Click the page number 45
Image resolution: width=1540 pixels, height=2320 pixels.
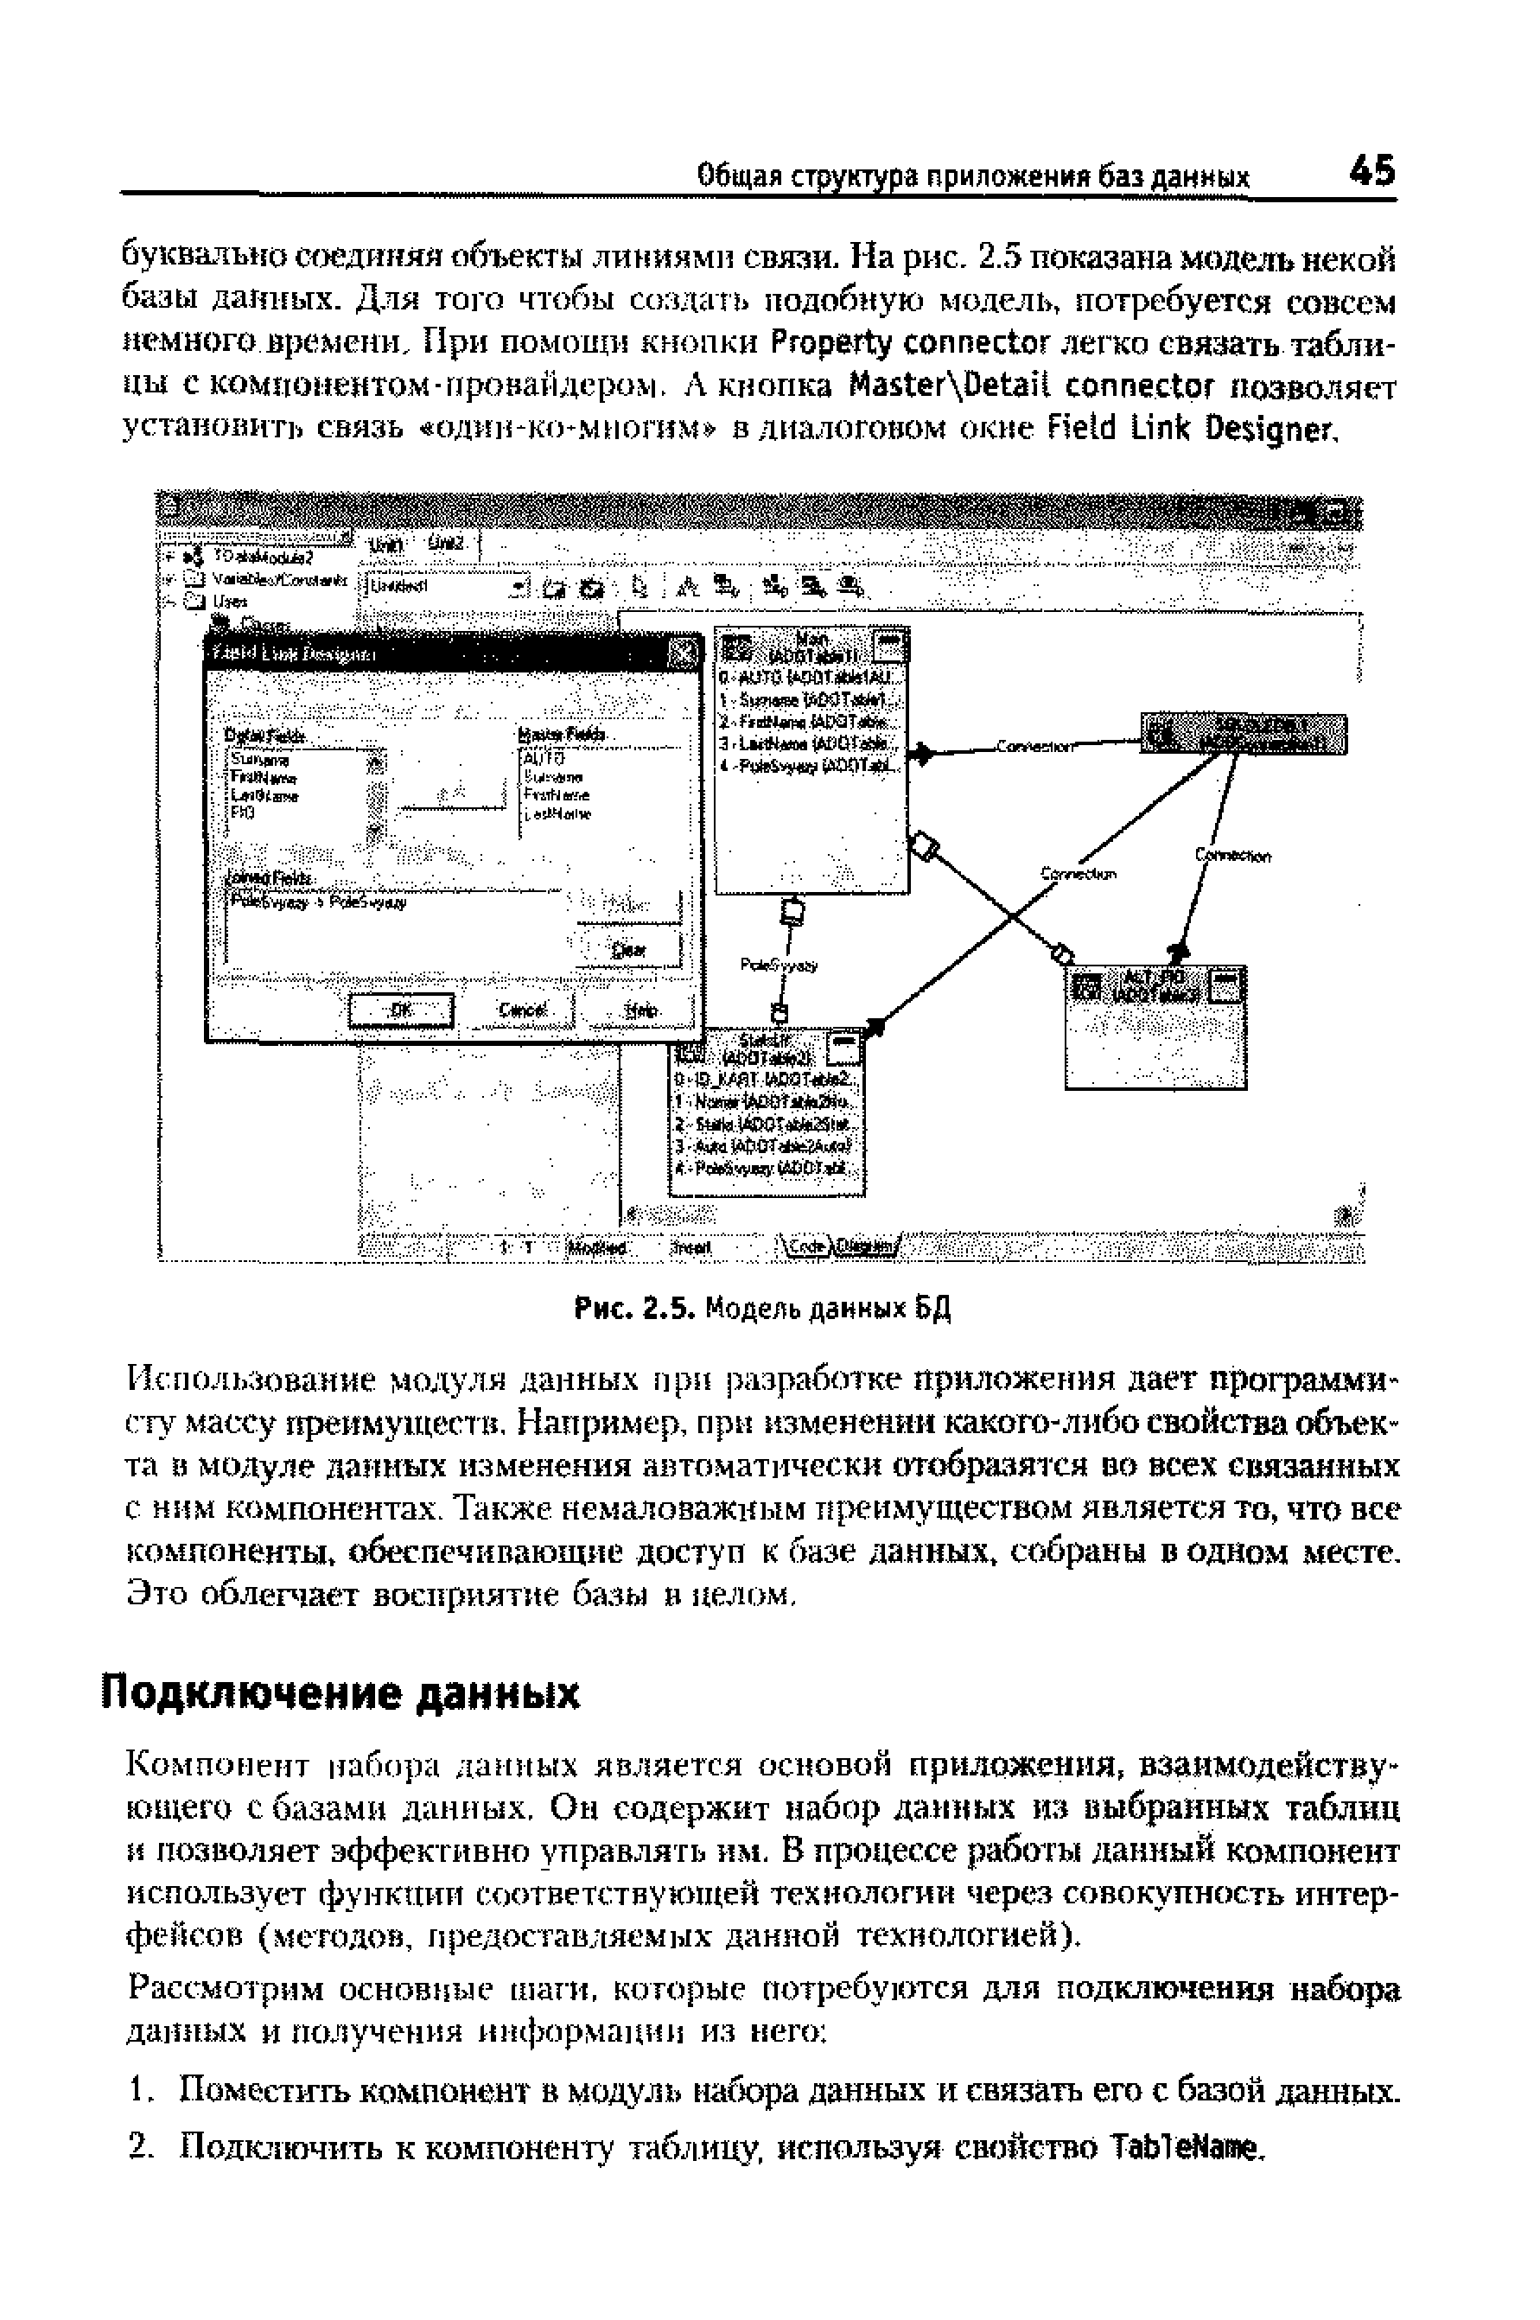tap(1372, 172)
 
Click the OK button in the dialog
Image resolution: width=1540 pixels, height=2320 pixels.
tap(403, 1010)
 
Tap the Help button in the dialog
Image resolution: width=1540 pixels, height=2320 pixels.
tap(641, 1010)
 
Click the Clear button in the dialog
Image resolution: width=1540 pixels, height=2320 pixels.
tap(628, 950)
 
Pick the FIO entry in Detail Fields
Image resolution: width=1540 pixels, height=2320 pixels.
tap(242, 813)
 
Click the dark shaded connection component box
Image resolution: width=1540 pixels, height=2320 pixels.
tap(1244, 735)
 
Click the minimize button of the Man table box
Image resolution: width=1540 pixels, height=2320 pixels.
tap(891, 646)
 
